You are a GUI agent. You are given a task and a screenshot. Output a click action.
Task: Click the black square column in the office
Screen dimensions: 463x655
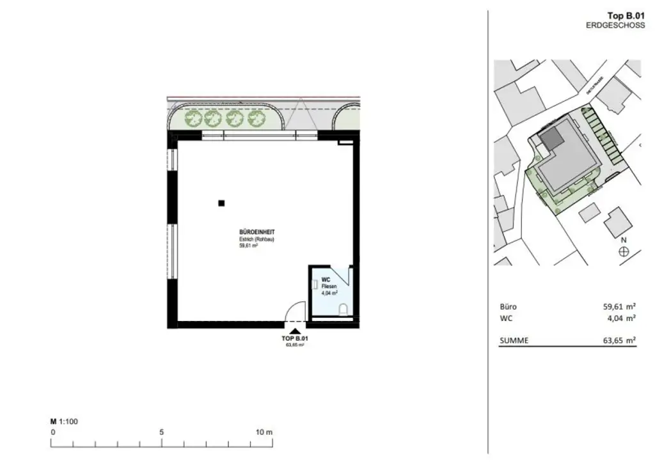pyautogui.click(x=221, y=203)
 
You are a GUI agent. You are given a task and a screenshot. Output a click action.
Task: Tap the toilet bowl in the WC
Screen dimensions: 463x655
pyautogui.click(x=343, y=310)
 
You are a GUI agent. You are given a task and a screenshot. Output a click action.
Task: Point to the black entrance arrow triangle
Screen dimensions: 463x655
pyautogui.click(x=295, y=331)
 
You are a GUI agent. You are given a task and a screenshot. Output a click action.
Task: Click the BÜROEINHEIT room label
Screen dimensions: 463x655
pyautogui.click(x=253, y=233)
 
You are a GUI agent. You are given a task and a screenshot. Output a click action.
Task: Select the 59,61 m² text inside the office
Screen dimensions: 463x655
pyautogui.click(x=248, y=245)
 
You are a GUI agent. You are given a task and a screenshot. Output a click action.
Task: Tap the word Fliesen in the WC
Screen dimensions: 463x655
pyautogui.click(x=327, y=287)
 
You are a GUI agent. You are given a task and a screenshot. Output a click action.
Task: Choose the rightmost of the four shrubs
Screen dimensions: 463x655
pyautogui.click(x=256, y=118)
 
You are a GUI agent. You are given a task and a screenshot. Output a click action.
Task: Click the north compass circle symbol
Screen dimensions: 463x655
pyautogui.click(x=624, y=252)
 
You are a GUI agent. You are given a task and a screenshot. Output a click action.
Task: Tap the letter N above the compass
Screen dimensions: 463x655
pyautogui.click(x=624, y=240)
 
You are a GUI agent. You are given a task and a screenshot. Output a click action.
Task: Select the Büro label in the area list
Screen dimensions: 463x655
pyautogui.click(x=508, y=306)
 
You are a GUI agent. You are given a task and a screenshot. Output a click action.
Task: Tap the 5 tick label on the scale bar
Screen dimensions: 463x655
pyautogui.click(x=162, y=432)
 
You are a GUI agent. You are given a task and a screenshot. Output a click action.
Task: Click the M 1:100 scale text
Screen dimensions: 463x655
pyautogui.click(x=64, y=421)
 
